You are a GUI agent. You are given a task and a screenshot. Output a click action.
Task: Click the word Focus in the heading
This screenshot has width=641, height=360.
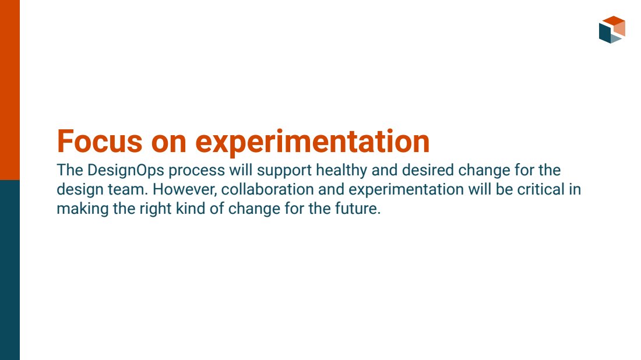pos(99,142)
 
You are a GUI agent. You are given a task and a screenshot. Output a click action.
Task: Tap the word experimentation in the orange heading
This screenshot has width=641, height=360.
pos(312,142)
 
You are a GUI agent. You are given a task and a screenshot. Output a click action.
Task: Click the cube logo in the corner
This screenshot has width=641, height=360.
pos(612,30)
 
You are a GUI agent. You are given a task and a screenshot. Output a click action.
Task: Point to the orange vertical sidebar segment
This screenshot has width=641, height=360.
pos(10,90)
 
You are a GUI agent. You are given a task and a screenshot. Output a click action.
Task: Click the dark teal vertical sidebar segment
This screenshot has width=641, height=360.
pos(10,270)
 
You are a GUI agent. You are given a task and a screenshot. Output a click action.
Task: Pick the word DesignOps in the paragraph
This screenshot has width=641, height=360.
pos(126,171)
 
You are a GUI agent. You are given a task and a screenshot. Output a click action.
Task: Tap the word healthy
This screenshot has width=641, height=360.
pos(341,171)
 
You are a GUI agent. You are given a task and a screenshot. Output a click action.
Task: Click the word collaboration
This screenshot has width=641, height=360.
pos(267,189)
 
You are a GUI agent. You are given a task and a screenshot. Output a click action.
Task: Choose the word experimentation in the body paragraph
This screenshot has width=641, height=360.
pos(406,190)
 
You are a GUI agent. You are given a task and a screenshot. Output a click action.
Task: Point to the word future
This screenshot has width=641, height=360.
pos(358,209)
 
